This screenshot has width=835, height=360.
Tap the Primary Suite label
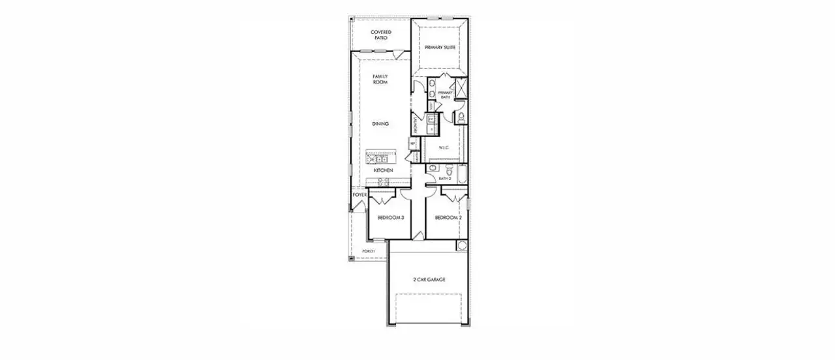click(x=440, y=48)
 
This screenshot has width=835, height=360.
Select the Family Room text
click(x=380, y=80)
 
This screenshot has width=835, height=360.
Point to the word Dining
click(x=380, y=124)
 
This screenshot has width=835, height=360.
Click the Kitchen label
click(x=383, y=170)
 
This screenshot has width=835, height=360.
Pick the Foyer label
click(x=359, y=195)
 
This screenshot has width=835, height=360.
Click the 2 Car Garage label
click(x=429, y=279)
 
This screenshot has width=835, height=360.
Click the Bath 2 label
click(x=445, y=178)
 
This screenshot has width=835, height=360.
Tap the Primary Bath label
click(x=445, y=95)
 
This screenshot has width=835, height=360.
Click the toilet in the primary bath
click(x=461, y=117)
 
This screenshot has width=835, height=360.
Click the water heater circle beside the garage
click(x=462, y=246)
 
